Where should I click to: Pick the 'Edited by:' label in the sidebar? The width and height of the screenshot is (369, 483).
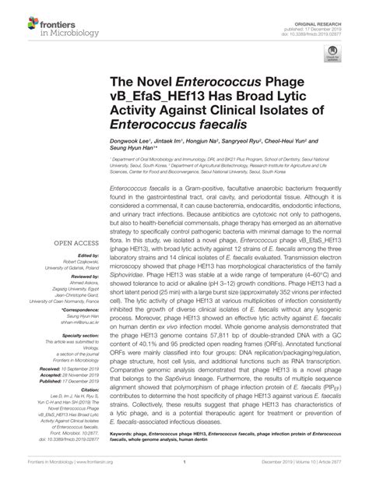pyautogui.click(x=83, y=255)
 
